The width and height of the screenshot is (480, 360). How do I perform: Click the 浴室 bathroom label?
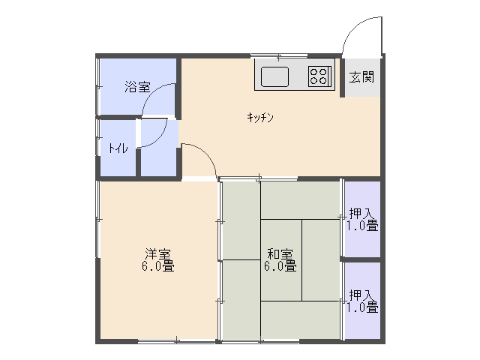click(x=137, y=87)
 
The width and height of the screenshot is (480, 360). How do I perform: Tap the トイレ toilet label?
click(x=118, y=148)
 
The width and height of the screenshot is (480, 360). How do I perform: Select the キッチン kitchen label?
click(x=260, y=117)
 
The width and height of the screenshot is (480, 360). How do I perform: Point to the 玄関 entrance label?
click(x=361, y=77)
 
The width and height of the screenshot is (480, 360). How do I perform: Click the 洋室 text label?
click(x=157, y=254)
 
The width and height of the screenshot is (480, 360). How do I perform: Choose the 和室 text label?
click(x=280, y=254)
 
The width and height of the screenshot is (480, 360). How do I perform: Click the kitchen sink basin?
click(x=274, y=76)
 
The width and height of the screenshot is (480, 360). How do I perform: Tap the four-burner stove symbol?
click(x=319, y=76)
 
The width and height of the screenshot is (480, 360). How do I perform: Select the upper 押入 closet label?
click(x=361, y=213)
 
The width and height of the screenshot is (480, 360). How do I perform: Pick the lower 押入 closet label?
click(x=361, y=295)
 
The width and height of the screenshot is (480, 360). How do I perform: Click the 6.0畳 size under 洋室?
click(x=157, y=266)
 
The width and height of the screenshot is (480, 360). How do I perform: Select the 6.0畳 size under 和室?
click(x=280, y=266)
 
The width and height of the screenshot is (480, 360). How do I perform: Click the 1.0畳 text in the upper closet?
click(x=362, y=225)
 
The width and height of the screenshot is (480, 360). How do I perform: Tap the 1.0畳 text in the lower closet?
click(x=362, y=307)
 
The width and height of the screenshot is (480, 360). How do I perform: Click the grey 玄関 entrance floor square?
click(x=362, y=77)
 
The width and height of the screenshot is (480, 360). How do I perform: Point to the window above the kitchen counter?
click(x=279, y=56)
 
